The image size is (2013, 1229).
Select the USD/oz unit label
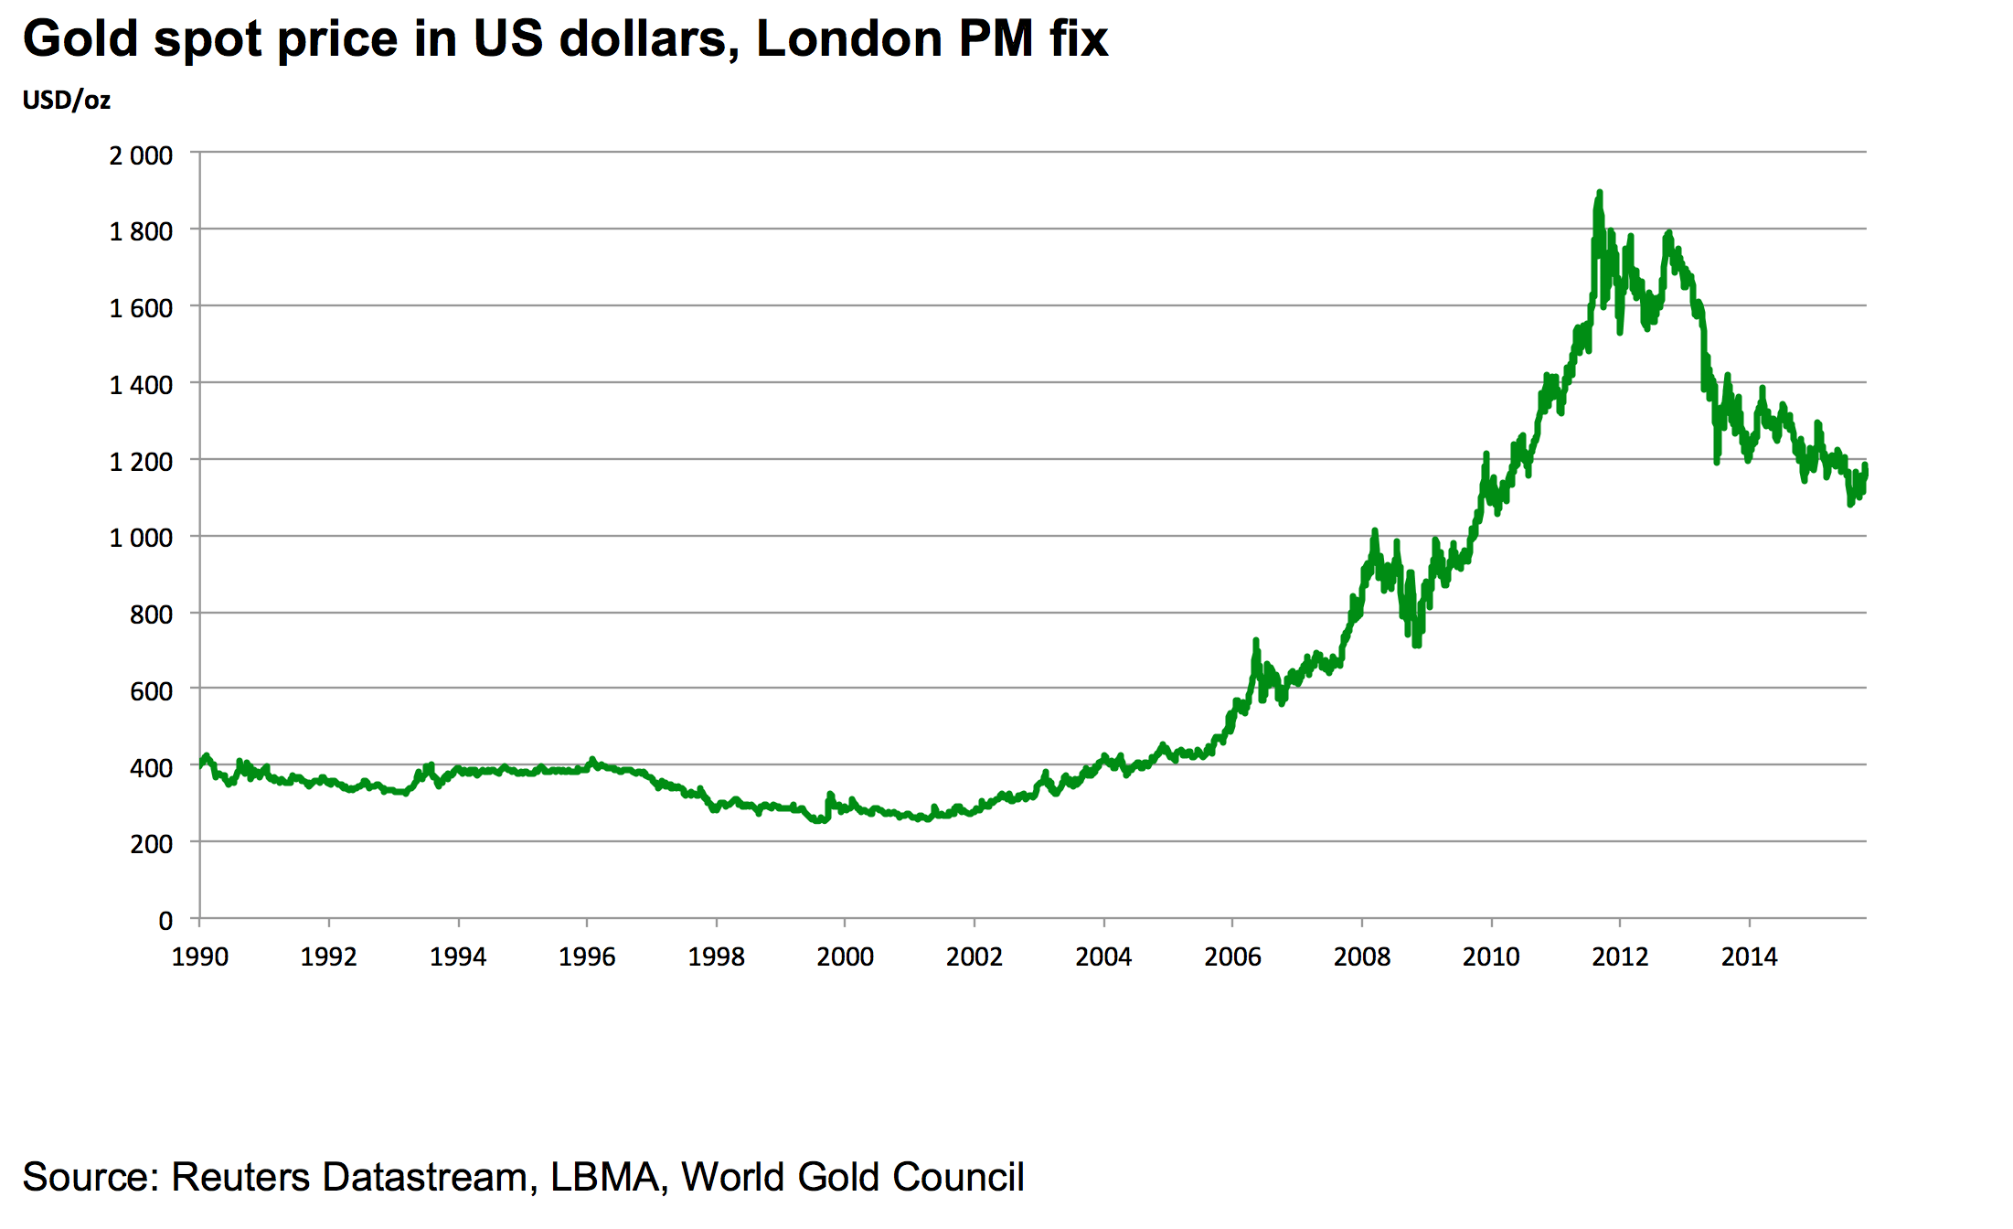pos(67,100)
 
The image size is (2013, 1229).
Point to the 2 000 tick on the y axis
pos(141,155)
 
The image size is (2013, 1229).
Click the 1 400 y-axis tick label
pos(141,385)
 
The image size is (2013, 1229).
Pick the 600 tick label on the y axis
pos(151,691)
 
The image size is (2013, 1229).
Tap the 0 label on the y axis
pos(165,921)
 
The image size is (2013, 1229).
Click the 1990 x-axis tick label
pos(200,956)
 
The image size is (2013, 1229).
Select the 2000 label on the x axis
pos(846,956)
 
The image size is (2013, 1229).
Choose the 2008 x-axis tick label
pos(1362,956)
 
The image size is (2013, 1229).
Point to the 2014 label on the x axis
pos(1750,956)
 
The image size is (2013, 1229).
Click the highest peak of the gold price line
pos(1599,193)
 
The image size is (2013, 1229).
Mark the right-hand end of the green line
pos(1865,468)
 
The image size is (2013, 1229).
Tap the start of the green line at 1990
pos(201,764)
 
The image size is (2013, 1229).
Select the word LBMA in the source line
pos(605,1178)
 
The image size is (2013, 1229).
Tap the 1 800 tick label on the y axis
pos(141,231)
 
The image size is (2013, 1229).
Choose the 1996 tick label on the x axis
pos(587,956)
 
